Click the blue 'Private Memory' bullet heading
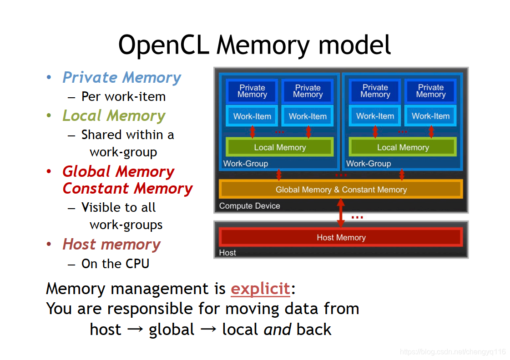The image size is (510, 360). click(x=121, y=78)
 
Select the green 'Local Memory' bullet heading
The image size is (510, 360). click(x=114, y=116)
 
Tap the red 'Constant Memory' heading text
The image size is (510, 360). click(x=127, y=188)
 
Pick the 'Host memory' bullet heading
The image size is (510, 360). click(x=111, y=245)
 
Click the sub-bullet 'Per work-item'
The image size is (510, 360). click(x=123, y=97)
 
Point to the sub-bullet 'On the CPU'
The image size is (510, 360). click(x=115, y=264)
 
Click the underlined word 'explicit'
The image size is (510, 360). click(x=260, y=289)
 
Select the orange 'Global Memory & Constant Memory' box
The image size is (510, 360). click(x=341, y=190)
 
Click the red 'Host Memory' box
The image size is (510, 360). click(x=341, y=237)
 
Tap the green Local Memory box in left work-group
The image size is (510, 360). click(x=280, y=147)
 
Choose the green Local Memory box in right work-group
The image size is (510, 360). click(x=403, y=147)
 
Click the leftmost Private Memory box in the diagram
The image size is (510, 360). click(x=252, y=91)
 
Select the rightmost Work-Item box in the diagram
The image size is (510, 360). click(x=430, y=116)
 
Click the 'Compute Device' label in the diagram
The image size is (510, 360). click(x=249, y=206)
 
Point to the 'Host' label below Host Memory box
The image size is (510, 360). click(x=227, y=253)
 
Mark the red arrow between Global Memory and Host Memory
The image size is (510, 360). click(x=340, y=213)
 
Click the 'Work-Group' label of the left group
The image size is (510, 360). click(x=246, y=164)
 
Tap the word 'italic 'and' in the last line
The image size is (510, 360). click(x=277, y=330)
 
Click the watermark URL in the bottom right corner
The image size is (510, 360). click(x=453, y=352)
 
